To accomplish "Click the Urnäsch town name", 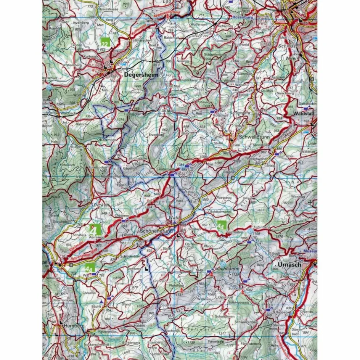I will click(x=289, y=264).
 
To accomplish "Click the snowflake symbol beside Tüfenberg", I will click(x=250, y=231).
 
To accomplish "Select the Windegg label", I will click(x=298, y=196).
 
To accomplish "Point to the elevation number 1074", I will click(x=121, y=119).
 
